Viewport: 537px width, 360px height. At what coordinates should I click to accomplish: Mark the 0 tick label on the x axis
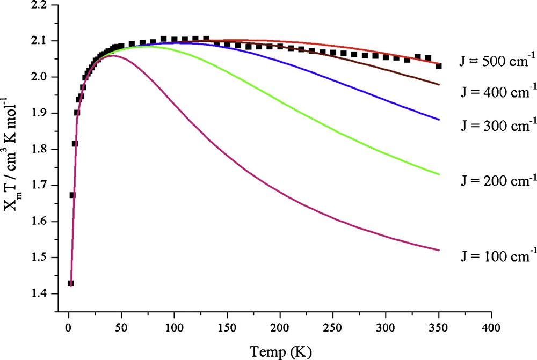(x=68, y=328)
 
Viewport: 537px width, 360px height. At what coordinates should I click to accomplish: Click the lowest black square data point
(x=70, y=283)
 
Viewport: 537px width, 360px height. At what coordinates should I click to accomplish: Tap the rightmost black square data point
(x=439, y=66)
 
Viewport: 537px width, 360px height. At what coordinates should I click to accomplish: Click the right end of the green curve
(x=439, y=174)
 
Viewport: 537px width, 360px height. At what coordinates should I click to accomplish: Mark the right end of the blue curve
(x=439, y=120)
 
